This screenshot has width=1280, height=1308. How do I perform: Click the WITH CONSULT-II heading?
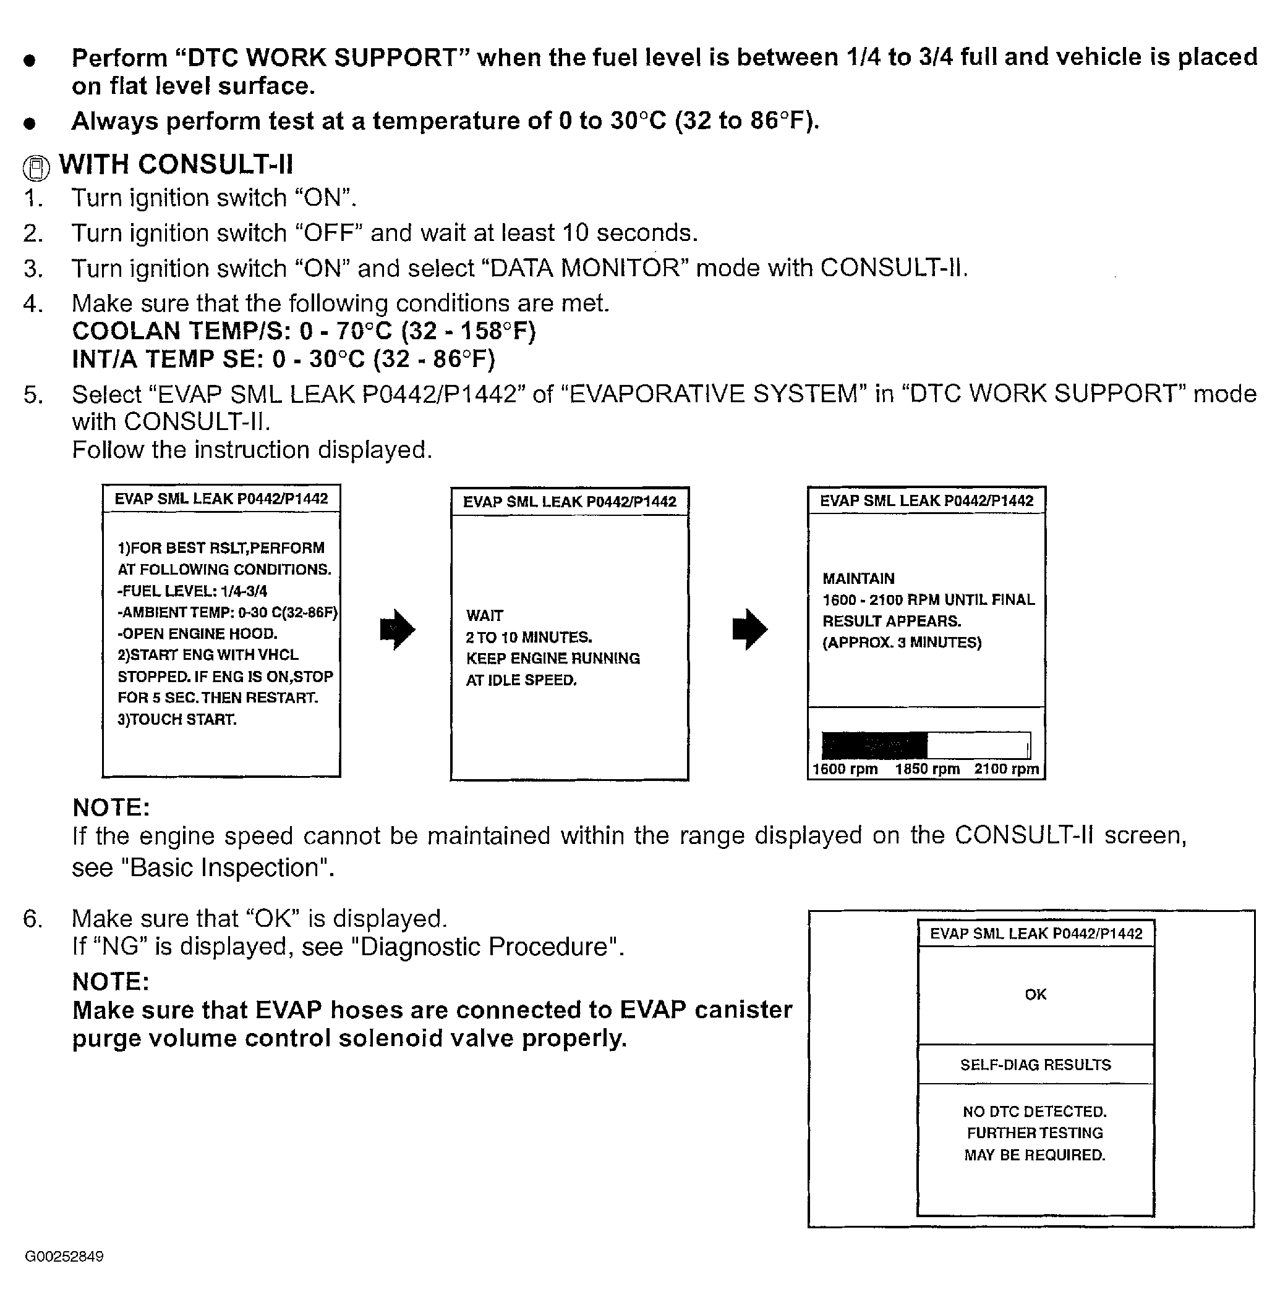[x=176, y=164]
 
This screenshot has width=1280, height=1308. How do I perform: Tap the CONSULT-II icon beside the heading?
[x=36, y=168]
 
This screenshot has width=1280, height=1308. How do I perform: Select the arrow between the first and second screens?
[x=398, y=630]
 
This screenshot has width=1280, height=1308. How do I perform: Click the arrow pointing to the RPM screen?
[x=749, y=630]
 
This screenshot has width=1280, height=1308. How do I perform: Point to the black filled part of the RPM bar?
[x=874, y=745]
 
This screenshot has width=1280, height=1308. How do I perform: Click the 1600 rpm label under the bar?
[x=845, y=769]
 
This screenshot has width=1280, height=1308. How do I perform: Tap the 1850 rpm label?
[x=927, y=769]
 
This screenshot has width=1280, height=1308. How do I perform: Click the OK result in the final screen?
[x=1035, y=994]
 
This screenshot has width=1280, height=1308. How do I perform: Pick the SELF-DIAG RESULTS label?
[x=1035, y=1065]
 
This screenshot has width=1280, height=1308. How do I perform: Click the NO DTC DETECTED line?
[x=1035, y=1112]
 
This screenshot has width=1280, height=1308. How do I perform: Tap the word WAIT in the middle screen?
[x=485, y=615]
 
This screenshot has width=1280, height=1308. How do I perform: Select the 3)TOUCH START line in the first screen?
[x=177, y=720]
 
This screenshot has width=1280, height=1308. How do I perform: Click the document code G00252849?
[x=64, y=1256]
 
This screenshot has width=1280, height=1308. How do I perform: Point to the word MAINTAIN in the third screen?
[x=858, y=578]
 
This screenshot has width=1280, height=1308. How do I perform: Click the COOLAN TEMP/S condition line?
[x=304, y=331]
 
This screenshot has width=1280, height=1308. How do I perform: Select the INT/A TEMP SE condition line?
[x=283, y=360]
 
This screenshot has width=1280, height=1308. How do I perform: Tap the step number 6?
[x=32, y=918]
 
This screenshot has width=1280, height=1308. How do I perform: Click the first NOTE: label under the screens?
[x=111, y=807]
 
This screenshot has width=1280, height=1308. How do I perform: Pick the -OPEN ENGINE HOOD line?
[x=197, y=633]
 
